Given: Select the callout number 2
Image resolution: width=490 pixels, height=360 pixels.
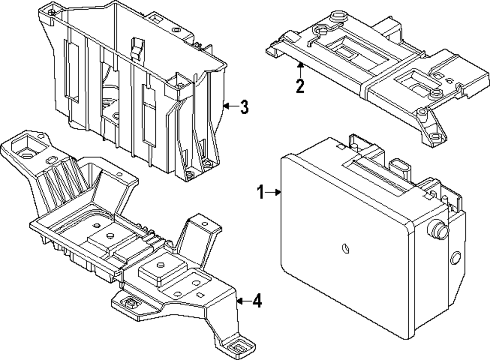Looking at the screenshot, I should (300, 86).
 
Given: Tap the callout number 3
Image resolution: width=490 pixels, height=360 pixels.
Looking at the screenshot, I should (244, 106).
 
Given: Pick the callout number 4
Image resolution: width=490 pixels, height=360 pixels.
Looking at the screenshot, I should (256, 301).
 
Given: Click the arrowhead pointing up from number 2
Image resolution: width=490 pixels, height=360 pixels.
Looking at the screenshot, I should (300, 66).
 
